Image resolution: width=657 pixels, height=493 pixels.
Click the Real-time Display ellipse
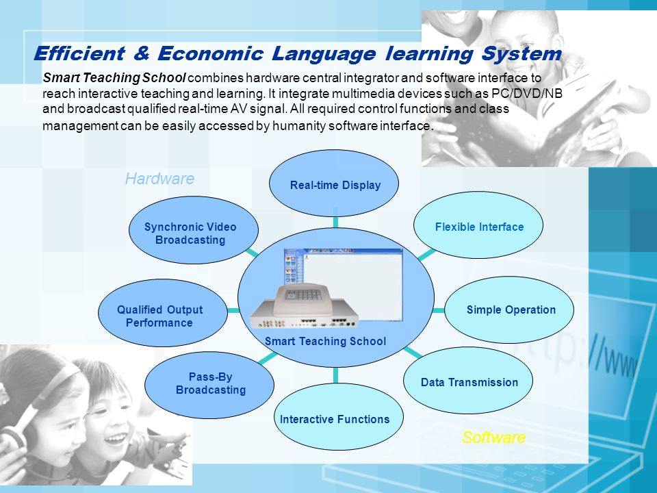(x=334, y=184)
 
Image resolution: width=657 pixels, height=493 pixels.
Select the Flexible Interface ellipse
(x=478, y=225)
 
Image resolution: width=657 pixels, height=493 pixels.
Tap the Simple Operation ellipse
(x=509, y=309)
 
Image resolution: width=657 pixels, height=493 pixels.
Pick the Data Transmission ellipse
(x=468, y=380)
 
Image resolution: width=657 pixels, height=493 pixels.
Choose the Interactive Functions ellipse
(x=339, y=417)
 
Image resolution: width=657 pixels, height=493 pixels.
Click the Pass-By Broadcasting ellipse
(x=209, y=385)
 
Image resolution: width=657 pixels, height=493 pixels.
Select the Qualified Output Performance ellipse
(x=163, y=313)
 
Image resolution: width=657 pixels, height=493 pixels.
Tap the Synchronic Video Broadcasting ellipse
(x=194, y=230)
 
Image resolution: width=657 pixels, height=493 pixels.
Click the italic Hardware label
(x=159, y=179)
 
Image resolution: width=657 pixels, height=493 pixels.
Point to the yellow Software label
(x=493, y=438)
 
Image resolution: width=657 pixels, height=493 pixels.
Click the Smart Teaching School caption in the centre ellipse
(x=325, y=341)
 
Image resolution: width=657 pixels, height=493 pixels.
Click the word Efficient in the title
(x=79, y=53)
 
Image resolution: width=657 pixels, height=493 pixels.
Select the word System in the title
(x=521, y=54)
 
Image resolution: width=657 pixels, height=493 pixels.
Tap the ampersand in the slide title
(x=142, y=53)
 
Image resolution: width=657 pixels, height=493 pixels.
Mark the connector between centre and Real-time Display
(x=335, y=222)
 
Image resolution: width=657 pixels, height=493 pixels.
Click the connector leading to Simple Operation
(x=439, y=311)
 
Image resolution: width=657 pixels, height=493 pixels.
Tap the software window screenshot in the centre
(x=343, y=284)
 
